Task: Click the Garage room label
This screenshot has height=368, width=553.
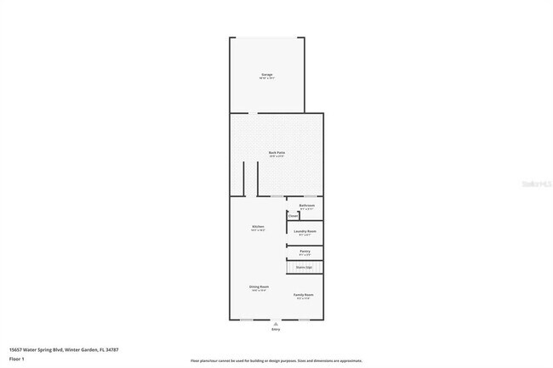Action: pos(267,75)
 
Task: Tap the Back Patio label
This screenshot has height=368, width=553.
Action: pos(276,153)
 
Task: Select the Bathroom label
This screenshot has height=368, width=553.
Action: pos(307,206)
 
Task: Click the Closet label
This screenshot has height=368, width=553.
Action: pos(294,216)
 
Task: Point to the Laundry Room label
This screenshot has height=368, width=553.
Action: pos(305,231)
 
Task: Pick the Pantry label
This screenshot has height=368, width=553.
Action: pos(305,251)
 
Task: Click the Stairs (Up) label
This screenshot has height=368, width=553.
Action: pos(305,267)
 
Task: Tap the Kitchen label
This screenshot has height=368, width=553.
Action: pos(258,226)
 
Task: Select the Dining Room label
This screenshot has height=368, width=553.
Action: pos(259,287)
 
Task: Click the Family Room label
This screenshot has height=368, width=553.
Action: pos(304,294)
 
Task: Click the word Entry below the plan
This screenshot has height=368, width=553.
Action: pos(276,330)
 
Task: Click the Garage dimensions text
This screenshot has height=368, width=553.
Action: pos(267,78)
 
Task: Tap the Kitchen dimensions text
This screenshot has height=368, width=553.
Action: pos(258,230)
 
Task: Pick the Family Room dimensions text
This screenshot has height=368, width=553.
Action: pos(304,298)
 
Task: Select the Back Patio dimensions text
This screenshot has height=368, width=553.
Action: pos(276,156)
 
